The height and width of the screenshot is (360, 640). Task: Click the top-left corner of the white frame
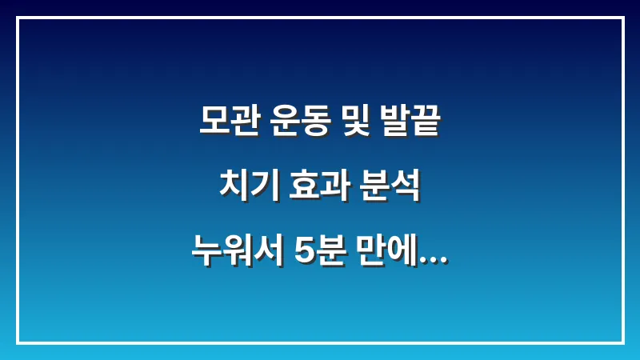tap(18, 18)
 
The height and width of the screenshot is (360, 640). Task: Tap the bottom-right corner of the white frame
tap(622, 342)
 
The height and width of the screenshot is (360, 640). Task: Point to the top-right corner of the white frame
tap(622, 18)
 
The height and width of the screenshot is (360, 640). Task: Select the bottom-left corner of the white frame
tap(18, 342)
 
